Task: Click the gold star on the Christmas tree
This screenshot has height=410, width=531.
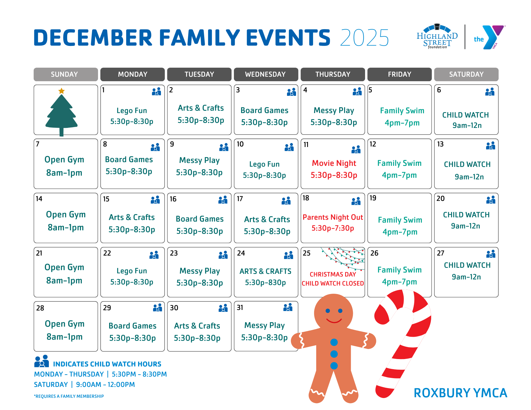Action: (62, 91)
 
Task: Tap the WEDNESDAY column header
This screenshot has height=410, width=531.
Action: (265, 74)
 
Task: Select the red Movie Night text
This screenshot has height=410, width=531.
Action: (334, 163)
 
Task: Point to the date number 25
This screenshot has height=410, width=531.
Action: (306, 253)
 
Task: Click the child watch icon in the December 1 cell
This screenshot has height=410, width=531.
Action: (156, 91)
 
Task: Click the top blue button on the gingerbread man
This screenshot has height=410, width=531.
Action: (334, 342)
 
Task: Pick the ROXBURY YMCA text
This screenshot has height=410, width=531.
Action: (460, 393)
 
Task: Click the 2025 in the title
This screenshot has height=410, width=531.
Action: (364, 38)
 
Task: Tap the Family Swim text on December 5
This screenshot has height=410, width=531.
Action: (402, 111)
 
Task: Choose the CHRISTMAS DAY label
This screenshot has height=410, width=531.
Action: (333, 274)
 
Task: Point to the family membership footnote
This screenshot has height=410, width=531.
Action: (69, 396)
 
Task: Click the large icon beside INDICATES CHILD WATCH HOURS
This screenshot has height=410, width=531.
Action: (42, 361)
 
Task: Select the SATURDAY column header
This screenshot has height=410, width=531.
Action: (466, 74)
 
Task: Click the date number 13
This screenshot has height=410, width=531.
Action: (440, 144)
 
